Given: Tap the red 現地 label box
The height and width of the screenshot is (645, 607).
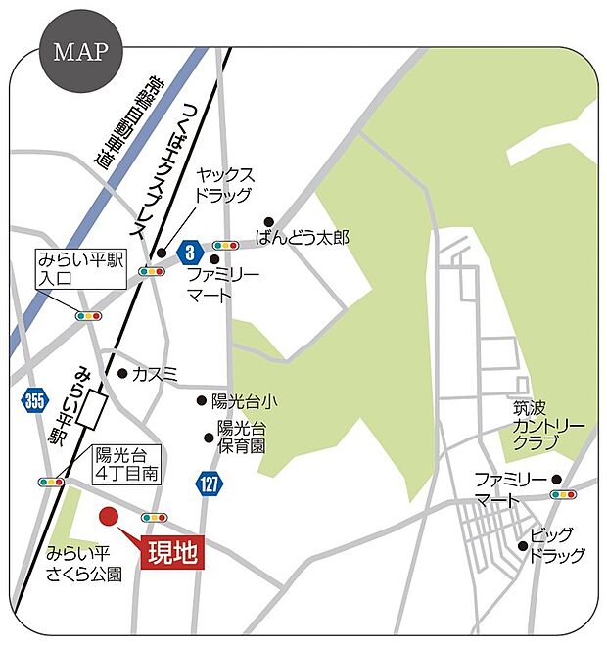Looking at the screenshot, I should tap(173, 553).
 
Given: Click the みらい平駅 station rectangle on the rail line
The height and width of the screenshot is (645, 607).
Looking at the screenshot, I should tap(96, 407).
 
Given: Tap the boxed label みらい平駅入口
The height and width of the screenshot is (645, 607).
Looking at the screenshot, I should tap(80, 269).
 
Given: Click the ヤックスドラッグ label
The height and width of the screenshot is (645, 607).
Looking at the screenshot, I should tap(227, 185).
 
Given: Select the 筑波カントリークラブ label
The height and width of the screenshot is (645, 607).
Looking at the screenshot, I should tap(548, 426).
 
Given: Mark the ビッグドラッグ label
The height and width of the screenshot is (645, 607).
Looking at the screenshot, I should tap(556, 546).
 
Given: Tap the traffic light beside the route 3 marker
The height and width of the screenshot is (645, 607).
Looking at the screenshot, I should tap(226, 246).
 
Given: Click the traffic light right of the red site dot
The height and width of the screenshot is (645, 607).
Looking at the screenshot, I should tap(154, 517).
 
